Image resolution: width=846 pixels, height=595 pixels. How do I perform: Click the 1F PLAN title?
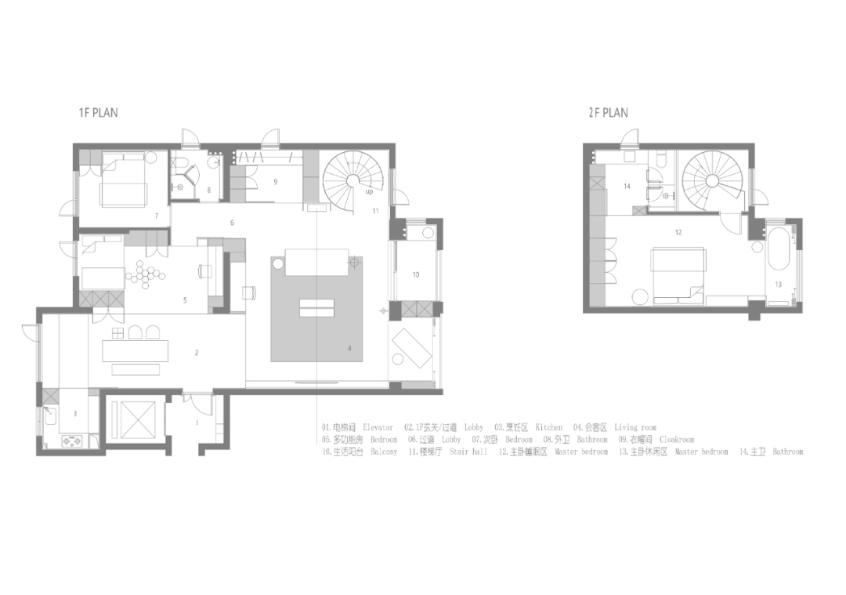coord(98,113)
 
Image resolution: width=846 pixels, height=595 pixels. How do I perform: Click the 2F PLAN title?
coord(608,113)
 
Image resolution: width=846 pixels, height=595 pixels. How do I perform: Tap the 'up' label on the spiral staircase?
coord(369,190)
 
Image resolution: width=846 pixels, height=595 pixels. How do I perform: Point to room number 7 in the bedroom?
coord(157,215)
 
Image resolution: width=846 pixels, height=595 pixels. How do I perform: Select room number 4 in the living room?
coord(349,348)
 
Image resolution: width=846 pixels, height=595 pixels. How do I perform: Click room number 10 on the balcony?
coord(415,274)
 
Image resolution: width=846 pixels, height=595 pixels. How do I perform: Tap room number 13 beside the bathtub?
coord(778,284)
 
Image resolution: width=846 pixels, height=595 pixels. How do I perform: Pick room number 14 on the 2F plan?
coord(627,187)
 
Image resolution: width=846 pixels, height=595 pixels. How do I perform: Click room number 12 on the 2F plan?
coord(678,232)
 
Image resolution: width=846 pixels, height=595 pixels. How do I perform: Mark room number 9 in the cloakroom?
coord(275,181)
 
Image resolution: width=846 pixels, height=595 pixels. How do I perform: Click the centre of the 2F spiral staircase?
coord(711,180)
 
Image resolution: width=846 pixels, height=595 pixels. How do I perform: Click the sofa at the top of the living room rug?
coord(316,262)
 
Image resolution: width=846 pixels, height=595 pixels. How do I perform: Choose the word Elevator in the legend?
coord(378,428)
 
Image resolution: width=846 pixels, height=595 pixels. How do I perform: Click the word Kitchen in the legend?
coord(549,428)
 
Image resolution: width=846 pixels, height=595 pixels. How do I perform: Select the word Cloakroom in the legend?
coord(677,440)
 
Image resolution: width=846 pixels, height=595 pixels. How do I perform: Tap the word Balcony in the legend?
coord(384,452)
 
